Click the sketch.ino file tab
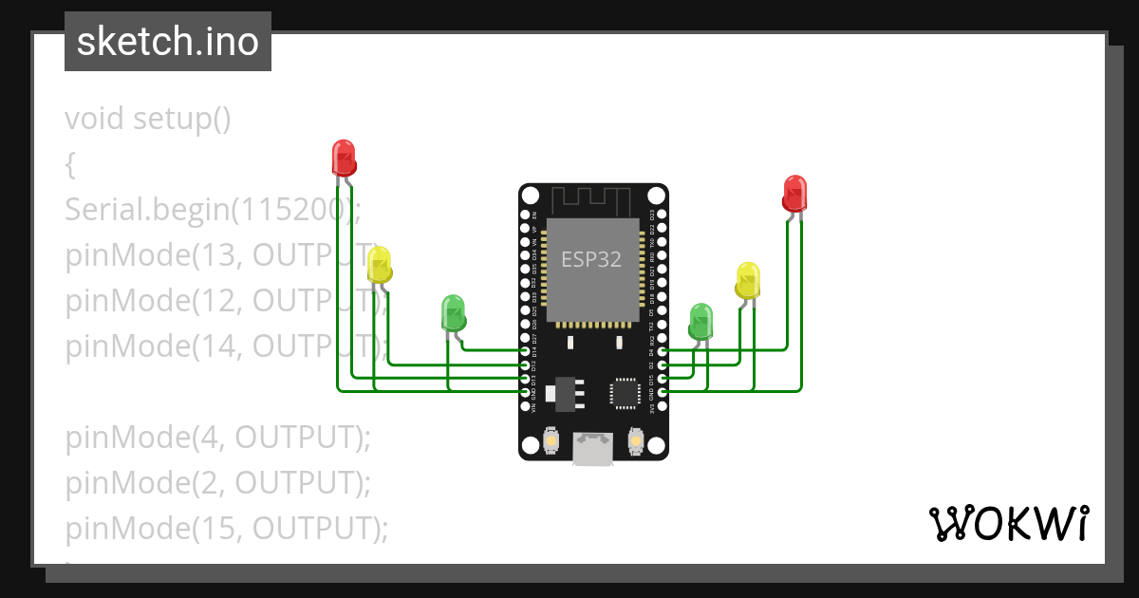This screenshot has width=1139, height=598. (x=167, y=42)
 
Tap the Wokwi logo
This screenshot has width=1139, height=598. (x=1008, y=524)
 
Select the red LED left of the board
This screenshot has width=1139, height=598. (x=344, y=157)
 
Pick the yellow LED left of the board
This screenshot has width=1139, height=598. (x=380, y=265)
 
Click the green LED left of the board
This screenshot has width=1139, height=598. (x=454, y=313)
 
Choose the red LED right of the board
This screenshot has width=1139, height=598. (x=794, y=193)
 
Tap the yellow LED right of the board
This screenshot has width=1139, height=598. (x=748, y=280)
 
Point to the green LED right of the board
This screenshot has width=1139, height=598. (x=700, y=321)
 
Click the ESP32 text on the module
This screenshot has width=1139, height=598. (x=591, y=259)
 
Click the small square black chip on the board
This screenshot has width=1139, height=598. (x=626, y=393)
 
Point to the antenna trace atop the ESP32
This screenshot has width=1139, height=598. (x=592, y=200)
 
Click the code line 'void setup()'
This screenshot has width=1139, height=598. (x=148, y=120)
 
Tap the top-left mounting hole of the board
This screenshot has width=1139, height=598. (x=531, y=196)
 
